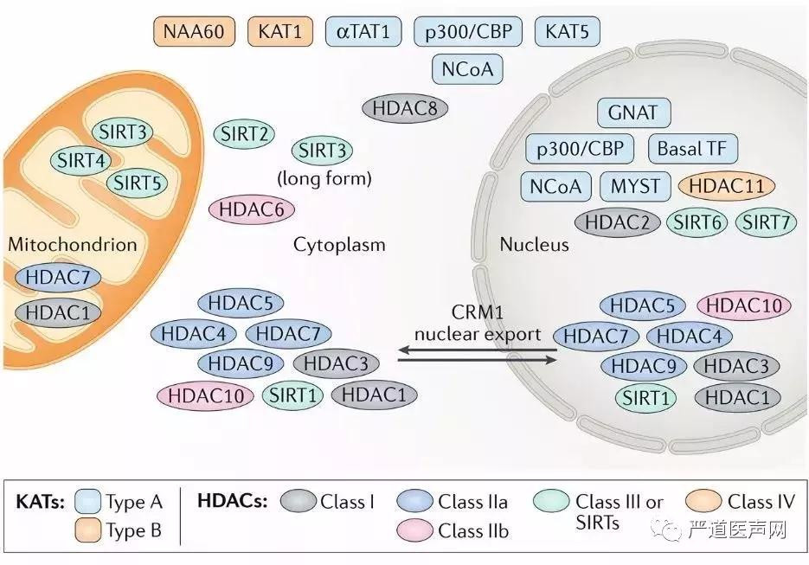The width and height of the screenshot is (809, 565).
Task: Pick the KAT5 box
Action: [x=567, y=32]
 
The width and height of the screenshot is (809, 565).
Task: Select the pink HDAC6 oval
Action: [x=252, y=209]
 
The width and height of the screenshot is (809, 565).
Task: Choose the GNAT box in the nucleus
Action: [x=632, y=112]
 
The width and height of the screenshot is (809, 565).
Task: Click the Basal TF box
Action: [x=691, y=148]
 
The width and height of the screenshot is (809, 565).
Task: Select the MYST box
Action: [x=635, y=185]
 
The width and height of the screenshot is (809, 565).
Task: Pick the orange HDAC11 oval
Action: [x=727, y=185]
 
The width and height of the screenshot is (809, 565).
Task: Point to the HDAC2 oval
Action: [x=617, y=222]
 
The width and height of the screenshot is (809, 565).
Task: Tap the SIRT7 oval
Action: [x=766, y=222]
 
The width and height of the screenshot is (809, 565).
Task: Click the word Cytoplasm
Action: [x=339, y=245]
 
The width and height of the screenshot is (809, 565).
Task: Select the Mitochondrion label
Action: [x=73, y=244]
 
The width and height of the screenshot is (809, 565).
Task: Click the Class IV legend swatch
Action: [x=704, y=501]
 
